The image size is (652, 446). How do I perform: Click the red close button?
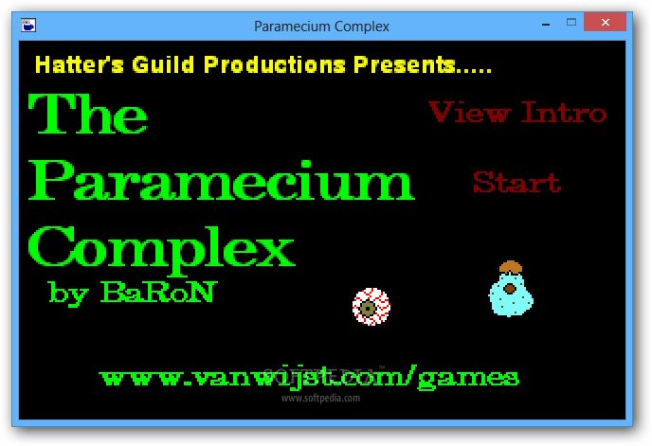coord(605,22)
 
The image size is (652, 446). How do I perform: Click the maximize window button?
coord(571,22)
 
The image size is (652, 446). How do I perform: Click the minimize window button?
coord(546,25)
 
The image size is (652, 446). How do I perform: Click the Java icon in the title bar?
coord(28,26)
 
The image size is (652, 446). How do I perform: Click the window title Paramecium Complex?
coord(321,27)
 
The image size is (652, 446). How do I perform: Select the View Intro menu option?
coord(517,112)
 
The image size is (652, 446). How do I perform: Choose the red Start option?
coord(516,182)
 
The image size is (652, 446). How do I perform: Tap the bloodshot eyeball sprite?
coord(371,307)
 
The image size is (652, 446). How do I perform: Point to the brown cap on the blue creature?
coord(510,266)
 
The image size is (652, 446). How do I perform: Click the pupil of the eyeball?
coord(368,309)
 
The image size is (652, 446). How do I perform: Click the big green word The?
coord(88,113)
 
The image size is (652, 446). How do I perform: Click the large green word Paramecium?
coord(221,180)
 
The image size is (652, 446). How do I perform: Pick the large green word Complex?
coord(161,250)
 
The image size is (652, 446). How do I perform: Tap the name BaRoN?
coord(158,292)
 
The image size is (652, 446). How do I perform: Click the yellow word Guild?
coord(163,64)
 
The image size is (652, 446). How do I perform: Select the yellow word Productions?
coord(275,64)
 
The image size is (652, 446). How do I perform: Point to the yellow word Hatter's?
coord(80,64)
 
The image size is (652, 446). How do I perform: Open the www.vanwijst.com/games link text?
coord(309,378)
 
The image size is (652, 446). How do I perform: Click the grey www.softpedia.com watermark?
coord(320,399)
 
